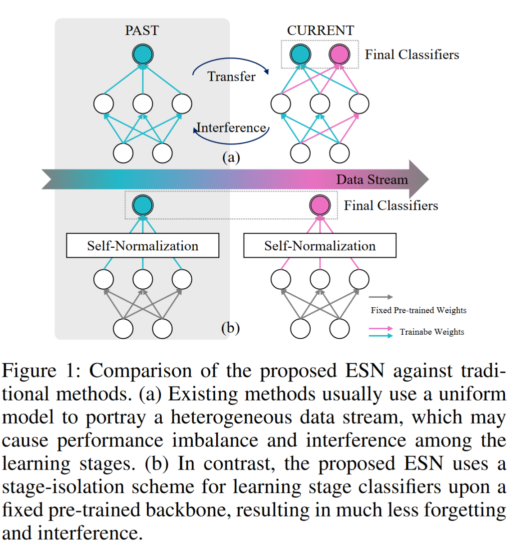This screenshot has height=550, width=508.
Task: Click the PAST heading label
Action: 142,30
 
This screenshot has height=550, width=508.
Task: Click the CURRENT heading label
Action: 320,30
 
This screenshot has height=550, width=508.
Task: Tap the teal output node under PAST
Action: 143,55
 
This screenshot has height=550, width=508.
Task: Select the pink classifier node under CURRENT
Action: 339,55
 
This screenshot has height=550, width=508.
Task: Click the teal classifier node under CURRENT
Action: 300,55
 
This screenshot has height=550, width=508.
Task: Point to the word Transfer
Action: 231,77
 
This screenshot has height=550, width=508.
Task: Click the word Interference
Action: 232,128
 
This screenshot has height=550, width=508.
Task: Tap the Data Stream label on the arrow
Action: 372,180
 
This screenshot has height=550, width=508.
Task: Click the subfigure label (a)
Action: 231,157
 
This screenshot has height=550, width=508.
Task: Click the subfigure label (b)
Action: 230,327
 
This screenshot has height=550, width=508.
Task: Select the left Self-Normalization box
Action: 143,245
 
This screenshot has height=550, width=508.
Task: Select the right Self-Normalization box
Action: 320,245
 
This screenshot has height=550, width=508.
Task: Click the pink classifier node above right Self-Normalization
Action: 320,205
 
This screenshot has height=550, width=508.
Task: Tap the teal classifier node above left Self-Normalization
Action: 143,205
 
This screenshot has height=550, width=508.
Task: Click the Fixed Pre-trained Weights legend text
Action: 418,310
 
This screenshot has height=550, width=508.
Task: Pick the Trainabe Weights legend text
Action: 431,332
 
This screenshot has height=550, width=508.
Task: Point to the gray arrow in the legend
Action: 381,297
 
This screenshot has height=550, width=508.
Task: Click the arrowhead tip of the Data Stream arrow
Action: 428,179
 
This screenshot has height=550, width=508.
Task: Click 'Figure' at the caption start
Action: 29,371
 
